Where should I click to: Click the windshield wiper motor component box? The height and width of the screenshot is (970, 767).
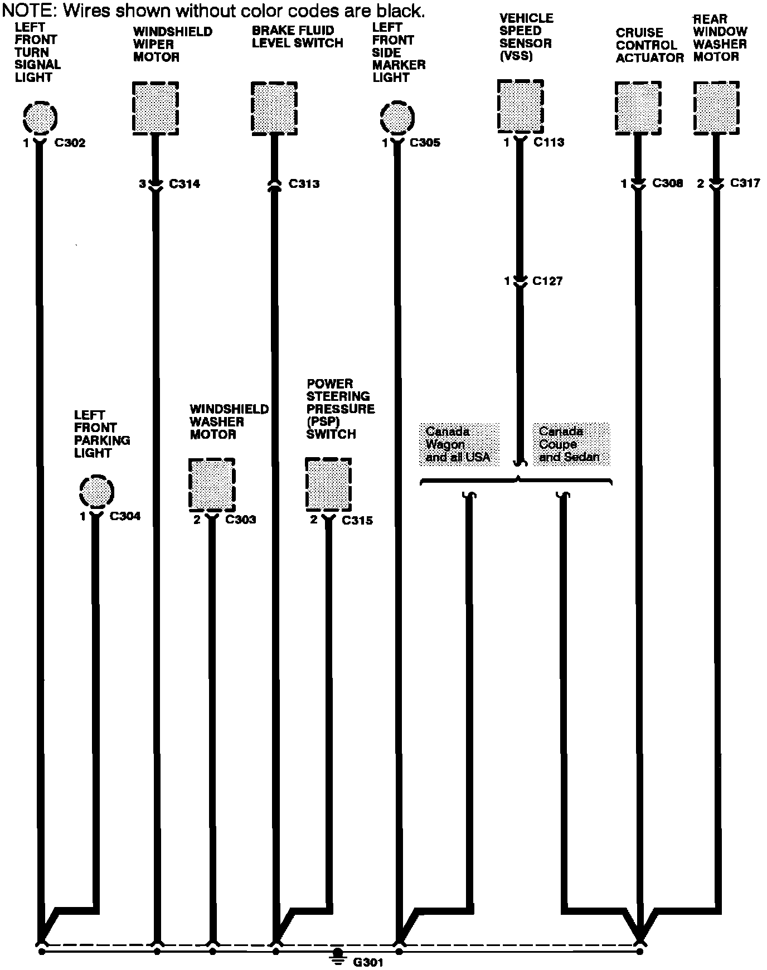click(x=156, y=108)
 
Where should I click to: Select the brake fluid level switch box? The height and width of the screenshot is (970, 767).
click(x=274, y=108)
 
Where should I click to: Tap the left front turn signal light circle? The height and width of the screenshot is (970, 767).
click(x=40, y=118)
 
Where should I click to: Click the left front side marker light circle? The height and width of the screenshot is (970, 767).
click(x=397, y=118)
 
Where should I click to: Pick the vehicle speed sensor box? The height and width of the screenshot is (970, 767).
click(x=520, y=105)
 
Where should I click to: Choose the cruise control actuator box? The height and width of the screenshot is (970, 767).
click(x=638, y=108)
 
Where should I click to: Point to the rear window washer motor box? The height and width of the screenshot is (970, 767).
click(x=716, y=108)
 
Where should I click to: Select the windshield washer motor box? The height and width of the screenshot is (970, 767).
click(x=211, y=484)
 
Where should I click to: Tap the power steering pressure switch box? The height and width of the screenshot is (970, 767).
click(x=328, y=483)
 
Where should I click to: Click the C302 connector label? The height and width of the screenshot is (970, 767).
click(x=70, y=143)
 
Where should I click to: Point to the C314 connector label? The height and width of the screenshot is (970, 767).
click(x=184, y=184)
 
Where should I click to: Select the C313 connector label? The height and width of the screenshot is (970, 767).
click(x=304, y=184)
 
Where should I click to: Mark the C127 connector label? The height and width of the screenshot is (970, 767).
click(x=547, y=281)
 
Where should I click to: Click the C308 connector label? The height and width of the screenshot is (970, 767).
click(x=667, y=183)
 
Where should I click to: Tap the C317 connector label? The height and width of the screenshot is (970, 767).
click(x=745, y=183)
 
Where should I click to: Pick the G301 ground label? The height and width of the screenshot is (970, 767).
click(x=368, y=962)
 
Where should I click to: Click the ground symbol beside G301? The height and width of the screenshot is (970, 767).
click(x=337, y=957)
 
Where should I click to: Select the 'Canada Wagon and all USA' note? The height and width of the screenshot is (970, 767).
click(x=458, y=444)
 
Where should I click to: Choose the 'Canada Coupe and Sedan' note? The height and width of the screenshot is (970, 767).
click(x=570, y=444)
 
